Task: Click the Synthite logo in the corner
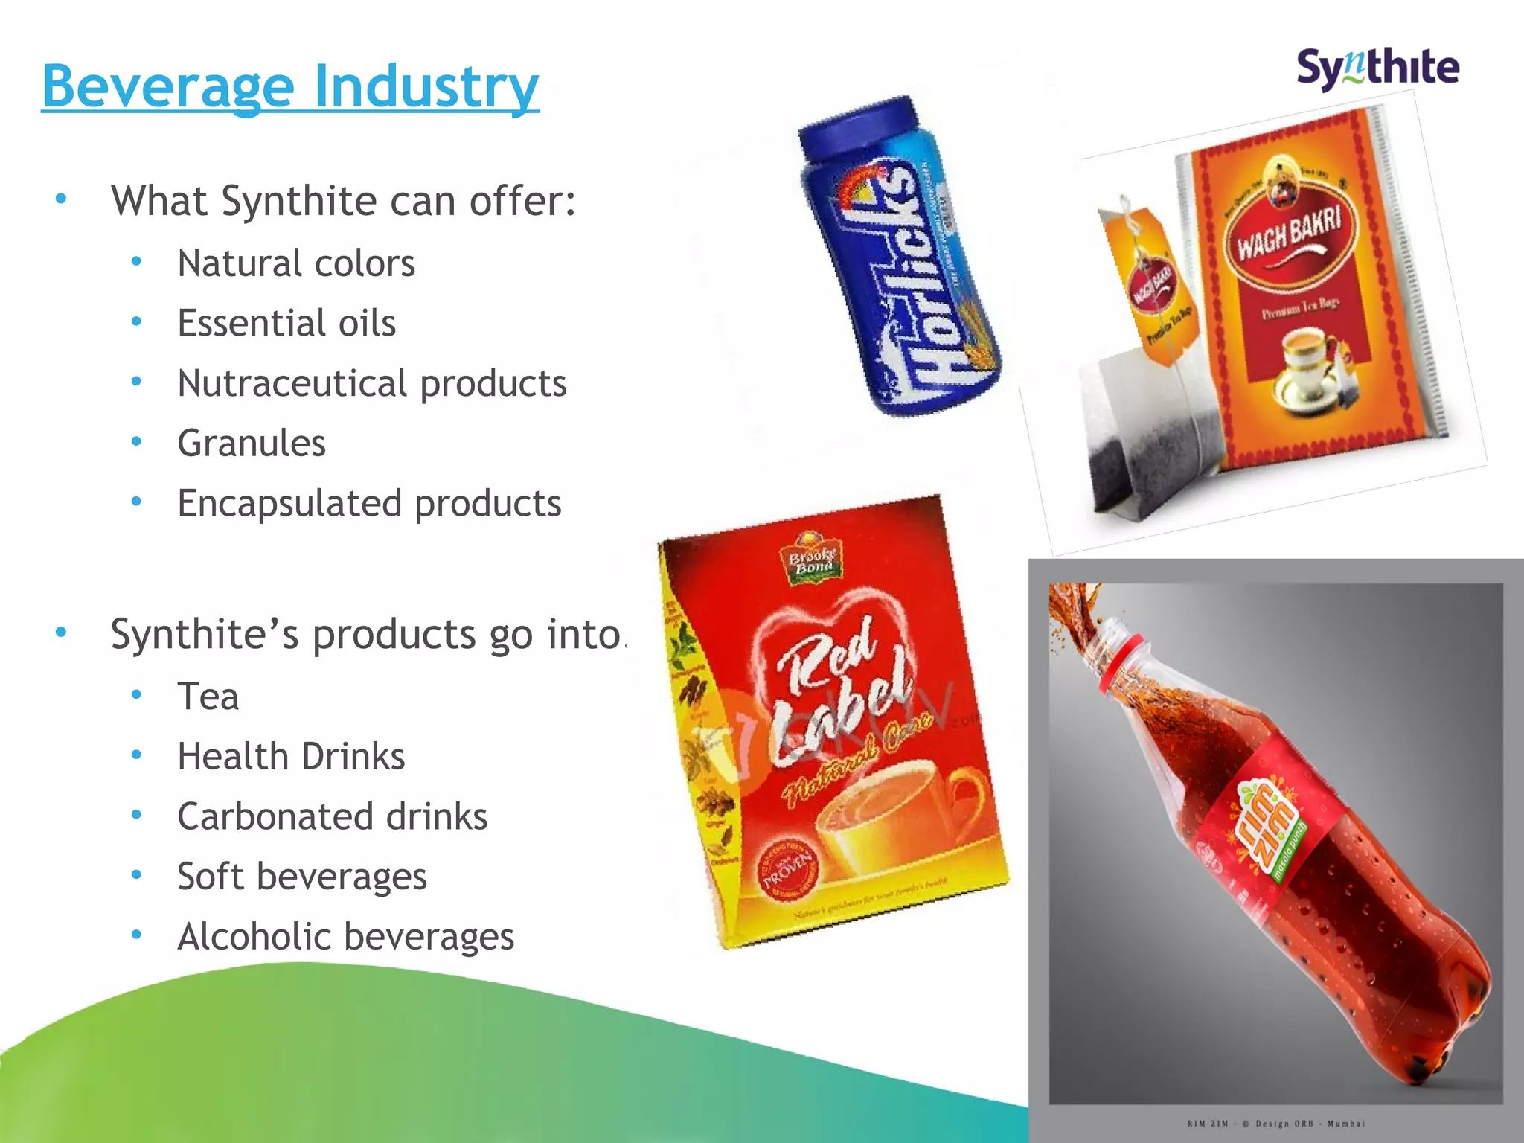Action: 1377,69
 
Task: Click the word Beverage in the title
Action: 169,87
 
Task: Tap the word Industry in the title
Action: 426,87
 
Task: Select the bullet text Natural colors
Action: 296,263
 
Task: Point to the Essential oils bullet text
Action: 286,324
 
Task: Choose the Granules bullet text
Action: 252,444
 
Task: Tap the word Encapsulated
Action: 290,504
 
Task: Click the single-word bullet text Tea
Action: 208,697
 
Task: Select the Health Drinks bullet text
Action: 291,757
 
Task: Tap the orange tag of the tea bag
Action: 1147,286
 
